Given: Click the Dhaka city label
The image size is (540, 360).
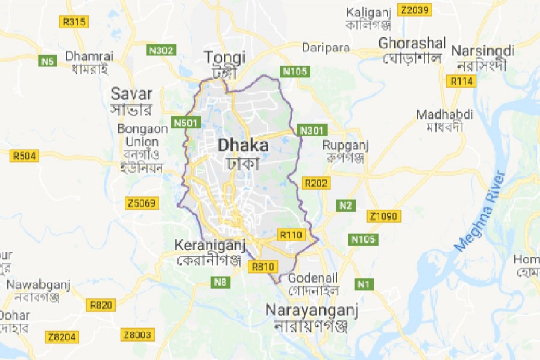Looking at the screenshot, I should tap(243, 145).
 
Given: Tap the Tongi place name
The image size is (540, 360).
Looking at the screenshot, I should tap(225, 58).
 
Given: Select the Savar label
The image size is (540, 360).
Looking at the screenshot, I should tap(131, 94).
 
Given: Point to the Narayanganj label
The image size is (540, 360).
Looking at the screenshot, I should tap(312, 311).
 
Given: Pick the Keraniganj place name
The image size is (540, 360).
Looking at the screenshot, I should tap(207, 245).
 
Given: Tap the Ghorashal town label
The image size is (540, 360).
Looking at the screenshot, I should tap(412, 44).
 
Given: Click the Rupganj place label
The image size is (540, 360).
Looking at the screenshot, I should tap(345, 145).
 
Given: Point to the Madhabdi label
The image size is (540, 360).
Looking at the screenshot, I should tap(445, 115).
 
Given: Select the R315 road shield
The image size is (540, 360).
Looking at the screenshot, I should tap(74, 22).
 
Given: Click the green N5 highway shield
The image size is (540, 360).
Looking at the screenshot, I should tap(47, 61).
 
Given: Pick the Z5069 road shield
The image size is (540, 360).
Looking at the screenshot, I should tap(142, 203).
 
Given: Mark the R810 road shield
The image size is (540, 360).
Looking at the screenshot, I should tap(265, 266).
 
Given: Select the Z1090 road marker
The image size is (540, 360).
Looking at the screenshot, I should tap(383, 216).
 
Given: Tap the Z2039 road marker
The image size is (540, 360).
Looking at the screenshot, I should tap(415, 10).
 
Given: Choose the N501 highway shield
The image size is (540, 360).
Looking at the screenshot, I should tap(185, 123).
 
